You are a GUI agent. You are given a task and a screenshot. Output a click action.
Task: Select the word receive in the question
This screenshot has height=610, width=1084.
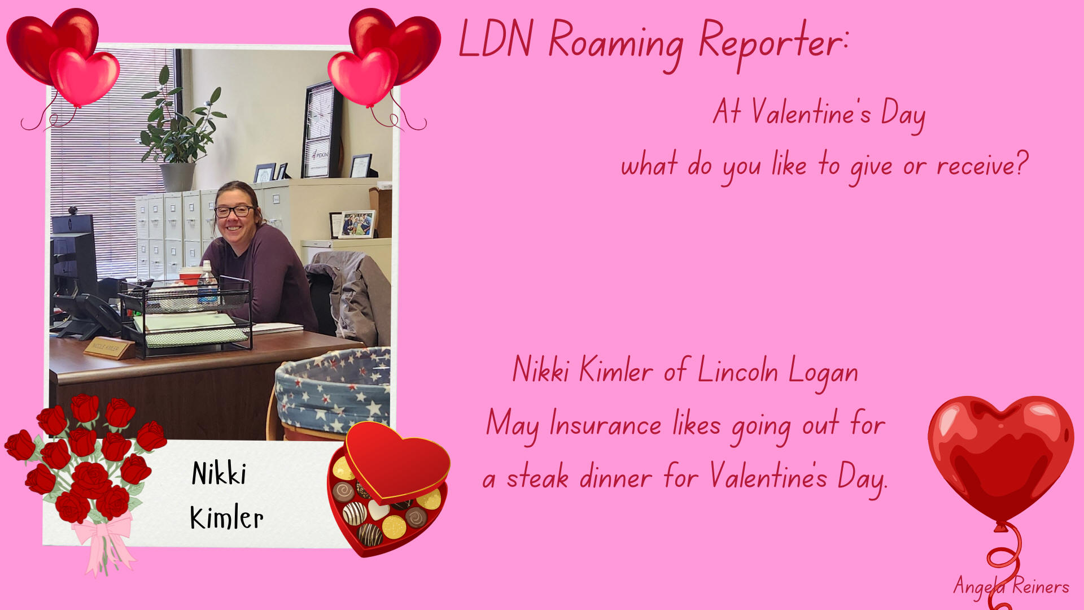pyautogui.click(x=982, y=165)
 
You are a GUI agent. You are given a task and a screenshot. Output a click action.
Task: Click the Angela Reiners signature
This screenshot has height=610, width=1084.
pyautogui.click(x=1011, y=586)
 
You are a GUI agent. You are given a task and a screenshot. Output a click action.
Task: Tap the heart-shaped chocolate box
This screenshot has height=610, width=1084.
pyautogui.click(x=388, y=488)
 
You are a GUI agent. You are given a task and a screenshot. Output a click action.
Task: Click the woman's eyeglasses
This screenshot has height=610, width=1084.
pyautogui.click(x=234, y=211)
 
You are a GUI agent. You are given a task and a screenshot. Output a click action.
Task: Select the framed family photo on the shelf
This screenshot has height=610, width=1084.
pyautogui.click(x=356, y=224)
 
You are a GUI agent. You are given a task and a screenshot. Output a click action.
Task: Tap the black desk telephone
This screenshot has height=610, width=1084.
pyautogui.click(x=90, y=316)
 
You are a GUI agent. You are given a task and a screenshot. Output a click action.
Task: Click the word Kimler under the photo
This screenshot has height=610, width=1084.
pyautogui.click(x=226, y=517)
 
